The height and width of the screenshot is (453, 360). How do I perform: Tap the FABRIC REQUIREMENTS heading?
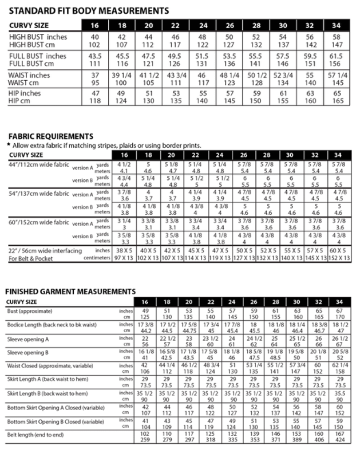pyautogui.click(x=51, y=136)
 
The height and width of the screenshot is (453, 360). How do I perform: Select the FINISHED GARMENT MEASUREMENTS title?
pyautogui.click(x=71, y=292)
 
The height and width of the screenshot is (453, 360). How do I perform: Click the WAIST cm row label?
pyautogui.click(x=25, y=83)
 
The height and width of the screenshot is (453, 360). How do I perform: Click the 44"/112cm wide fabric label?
pyautogui.click(x=39, y=165)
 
